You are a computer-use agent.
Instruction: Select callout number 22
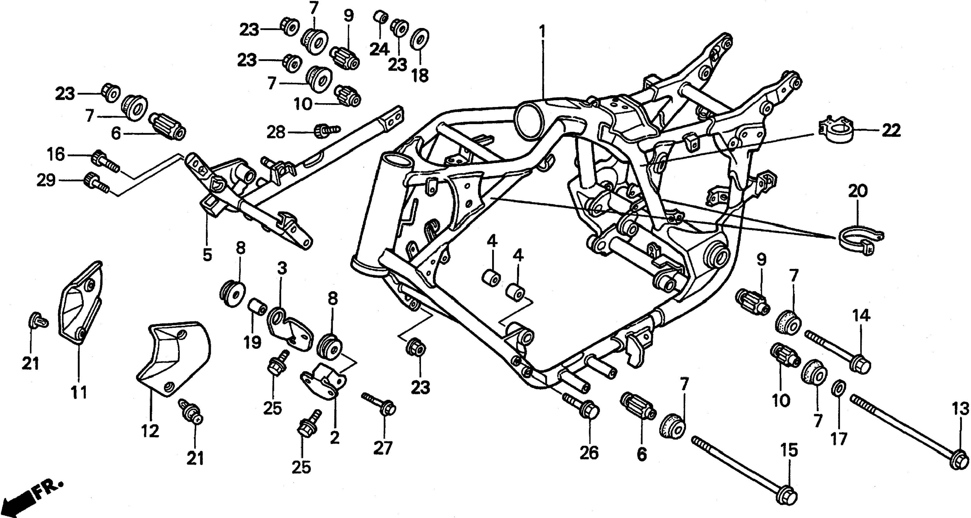pos(891,131)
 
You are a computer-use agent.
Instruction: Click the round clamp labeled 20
pos(862,241)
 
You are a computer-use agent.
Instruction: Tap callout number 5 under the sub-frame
pos(207,255)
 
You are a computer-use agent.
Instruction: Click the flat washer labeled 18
pos(419,39)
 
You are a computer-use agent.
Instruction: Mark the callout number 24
pos(379,49)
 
